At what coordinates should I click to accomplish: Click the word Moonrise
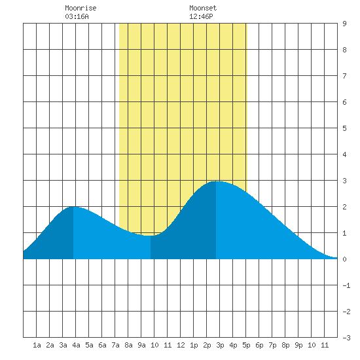[x=81, y=8]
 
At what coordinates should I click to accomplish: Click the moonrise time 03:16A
[x=77, y=16]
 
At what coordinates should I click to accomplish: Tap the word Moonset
[x=203, y=8]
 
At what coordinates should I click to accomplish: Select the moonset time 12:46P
[x=201, y=16]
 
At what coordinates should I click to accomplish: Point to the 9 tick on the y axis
[x=344, y=24]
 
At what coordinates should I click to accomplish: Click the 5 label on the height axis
[x=344, y=128]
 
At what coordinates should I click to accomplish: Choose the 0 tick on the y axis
[x=344, y=259]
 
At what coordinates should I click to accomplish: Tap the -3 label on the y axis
[x=346, y=338]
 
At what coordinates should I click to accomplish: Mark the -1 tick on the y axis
[x=346, y=285]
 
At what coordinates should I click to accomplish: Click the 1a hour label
[x=37, y=345]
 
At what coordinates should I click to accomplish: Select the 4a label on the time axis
[x=76, y=345]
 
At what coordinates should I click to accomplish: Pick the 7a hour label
[x=115, y=345]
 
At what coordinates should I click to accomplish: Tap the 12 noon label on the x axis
[x=181, y=345]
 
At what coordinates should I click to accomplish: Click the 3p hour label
[x=220, y=345]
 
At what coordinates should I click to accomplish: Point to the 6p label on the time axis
[x=259, y=345]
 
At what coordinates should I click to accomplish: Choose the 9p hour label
[x=298, y=345]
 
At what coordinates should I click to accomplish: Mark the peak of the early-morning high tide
[x=73, y=207]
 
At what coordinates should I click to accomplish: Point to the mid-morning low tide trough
[x=151, y=236]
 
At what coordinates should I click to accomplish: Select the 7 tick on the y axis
[x=344, y=76]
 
